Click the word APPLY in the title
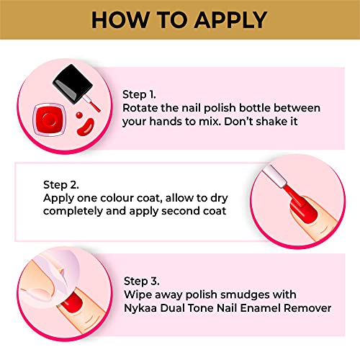(230, 20)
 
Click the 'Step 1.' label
(139, 94)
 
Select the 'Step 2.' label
(60, 185)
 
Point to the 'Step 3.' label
(142, 281)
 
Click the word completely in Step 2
(73, 212)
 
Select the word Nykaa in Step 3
(140, 308)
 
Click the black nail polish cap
(73, 84)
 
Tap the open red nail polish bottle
(49, 120)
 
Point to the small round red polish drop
(79, 115)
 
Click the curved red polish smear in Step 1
(85, 127)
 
